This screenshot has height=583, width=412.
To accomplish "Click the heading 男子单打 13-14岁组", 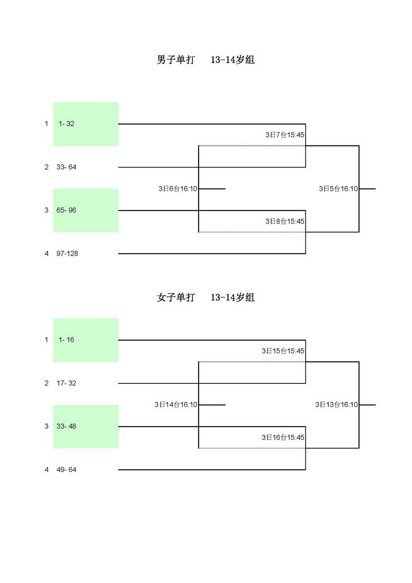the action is [x=206, y=60].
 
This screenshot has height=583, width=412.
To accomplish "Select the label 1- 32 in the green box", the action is [x=66, y=124].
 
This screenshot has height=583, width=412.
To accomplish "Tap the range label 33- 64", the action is [x=66, y=167].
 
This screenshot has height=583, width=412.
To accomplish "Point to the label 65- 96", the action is [x=66, y=210].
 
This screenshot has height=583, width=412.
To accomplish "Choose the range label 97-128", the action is [x=67, y=254].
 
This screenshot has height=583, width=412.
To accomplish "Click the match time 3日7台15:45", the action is [x=285, y=135].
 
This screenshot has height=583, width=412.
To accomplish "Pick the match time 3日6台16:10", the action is [x=178, y=189].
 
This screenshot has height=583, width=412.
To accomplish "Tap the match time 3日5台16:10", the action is [x=338, y=189].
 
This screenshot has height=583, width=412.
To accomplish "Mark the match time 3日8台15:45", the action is [x=285, y=221].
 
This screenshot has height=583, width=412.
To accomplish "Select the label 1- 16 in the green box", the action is [x=66, y=340].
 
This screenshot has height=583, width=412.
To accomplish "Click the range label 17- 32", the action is [x=66, y=383].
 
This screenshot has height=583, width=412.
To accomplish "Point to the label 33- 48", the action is [x=66, y=426].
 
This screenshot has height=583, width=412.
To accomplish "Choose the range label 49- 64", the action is [x=66, y=470].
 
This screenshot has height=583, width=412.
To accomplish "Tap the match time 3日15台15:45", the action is [x=283, y=351].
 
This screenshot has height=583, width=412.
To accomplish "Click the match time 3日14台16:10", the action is [x=176, y=405].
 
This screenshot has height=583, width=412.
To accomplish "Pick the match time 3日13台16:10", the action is [x=337, y=405].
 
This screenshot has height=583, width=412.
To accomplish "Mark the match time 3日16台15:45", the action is [x=283, y=437].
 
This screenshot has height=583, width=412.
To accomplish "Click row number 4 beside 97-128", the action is [x=47, y=254].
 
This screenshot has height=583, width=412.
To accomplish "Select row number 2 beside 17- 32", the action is [x=47, y=383].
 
